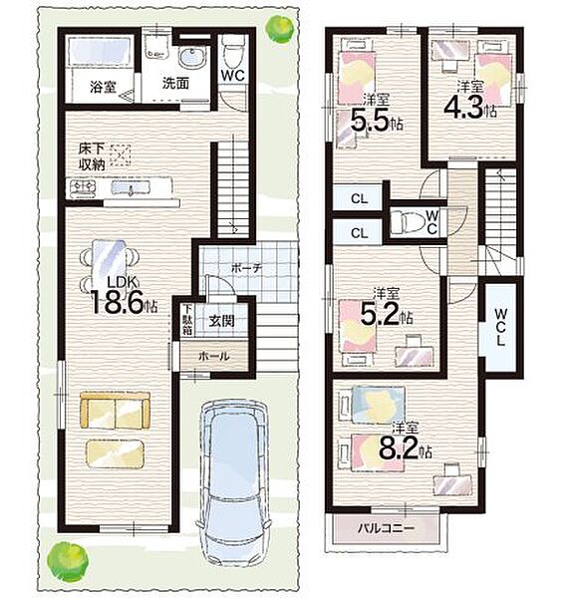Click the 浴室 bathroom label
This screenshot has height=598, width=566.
(103, 88)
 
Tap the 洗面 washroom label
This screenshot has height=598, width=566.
(175, 83)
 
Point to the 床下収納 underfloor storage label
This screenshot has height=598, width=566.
(92, 156)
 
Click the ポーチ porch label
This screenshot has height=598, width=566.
(246, 268)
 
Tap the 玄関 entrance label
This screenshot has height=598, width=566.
(221, 321)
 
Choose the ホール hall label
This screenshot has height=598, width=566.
(214, 356)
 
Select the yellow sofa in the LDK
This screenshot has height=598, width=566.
(116, 411)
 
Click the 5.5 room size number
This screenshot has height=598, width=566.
(370, 120)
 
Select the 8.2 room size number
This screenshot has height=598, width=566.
(399, 448)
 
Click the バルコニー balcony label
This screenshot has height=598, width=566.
(386, 529)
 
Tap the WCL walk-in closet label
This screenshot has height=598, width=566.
(501, 327)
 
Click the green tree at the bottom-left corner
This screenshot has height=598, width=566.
(68, 560)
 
